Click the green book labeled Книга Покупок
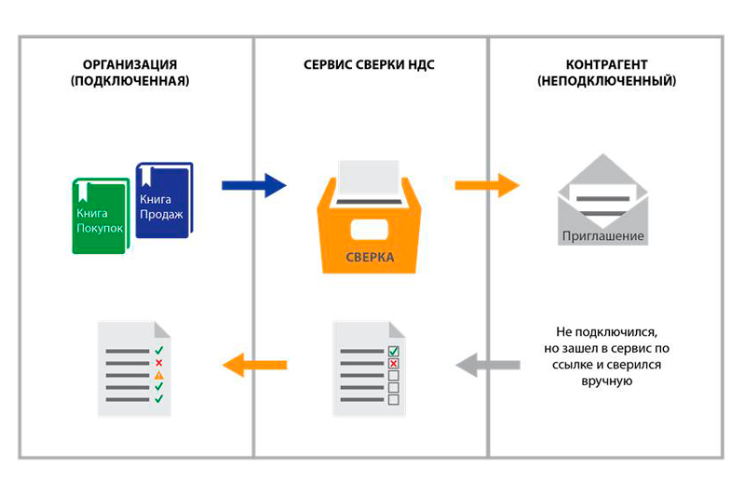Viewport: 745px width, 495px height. pyautogui.click(x=98, y=216)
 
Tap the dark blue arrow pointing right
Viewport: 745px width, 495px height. pyautogui.click(x=253, y=185)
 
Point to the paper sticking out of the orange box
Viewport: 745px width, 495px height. pyautogui.click(x=370, y=176)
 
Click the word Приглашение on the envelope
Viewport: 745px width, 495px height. pyautogui.click(x=603, y=235)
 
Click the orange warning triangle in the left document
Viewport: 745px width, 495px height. pyautogui.click(x=158, y=375)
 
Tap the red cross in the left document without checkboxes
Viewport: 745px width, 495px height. pyautogui.click(x=158, y=363)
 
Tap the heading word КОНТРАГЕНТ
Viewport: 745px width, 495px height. pyautogui.click(x=606, y=65)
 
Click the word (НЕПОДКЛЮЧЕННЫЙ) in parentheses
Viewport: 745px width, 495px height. pyautogui.click(x=606, y=81)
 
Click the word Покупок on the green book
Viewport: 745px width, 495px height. pyautogui.click(x=100, y=228)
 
